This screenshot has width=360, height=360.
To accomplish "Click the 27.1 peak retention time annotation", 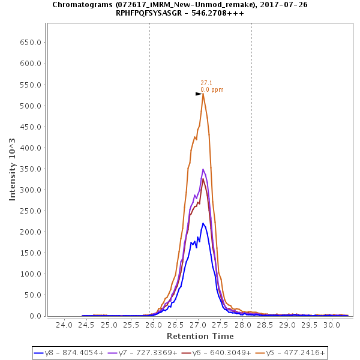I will [206, 83].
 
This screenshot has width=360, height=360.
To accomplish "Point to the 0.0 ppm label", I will [212, 90].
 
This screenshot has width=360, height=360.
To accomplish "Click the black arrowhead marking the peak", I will [199, 94].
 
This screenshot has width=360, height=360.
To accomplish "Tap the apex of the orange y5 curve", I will [203, 94].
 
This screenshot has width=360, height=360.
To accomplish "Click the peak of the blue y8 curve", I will [203, 223].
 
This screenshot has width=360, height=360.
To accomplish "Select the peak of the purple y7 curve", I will [203, 169].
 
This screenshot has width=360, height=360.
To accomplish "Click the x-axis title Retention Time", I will [200, 336].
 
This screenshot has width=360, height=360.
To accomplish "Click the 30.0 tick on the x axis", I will [331, 325].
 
